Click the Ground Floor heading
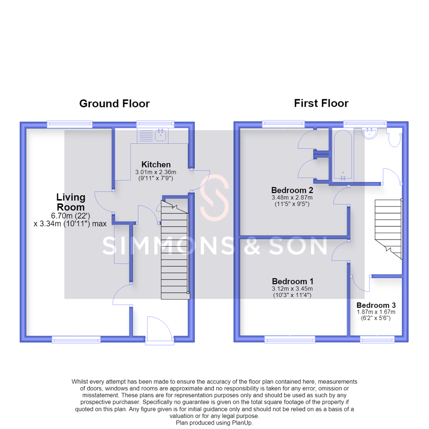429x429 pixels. pos(114,103)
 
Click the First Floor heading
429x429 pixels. pos(321,103)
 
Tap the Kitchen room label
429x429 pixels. pos(156,164)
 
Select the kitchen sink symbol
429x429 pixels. pos(160,135)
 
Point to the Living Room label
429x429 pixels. pos(71,202)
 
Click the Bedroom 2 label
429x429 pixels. pos(292,190)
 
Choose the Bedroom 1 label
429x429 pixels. pos(292,281)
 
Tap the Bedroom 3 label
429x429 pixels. pos(376,305)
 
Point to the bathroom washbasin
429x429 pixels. pos(369,133)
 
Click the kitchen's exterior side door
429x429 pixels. pos(200,181)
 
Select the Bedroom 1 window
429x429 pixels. pos(290,340)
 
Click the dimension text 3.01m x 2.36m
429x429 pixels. pos(156,172)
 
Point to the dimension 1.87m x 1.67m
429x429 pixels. pos(376,312)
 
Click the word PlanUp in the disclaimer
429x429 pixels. pos(242,423)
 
